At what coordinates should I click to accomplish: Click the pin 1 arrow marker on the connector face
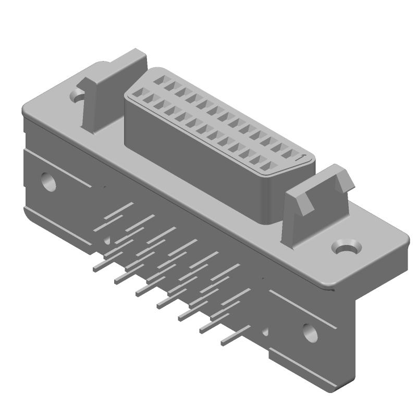(x=301, y=156)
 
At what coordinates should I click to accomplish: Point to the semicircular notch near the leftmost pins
(x=107, y=240)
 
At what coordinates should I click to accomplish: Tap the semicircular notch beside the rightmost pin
(x=265, y=330)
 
